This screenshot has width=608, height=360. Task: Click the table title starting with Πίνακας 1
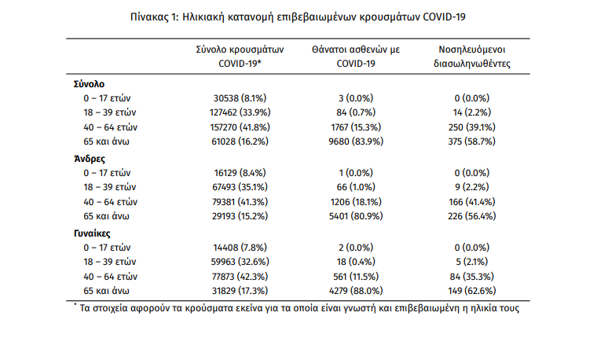coord(298,17)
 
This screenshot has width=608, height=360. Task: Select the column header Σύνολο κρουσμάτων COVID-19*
coord(240,57)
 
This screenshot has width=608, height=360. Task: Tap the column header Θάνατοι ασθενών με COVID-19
coord(356,57)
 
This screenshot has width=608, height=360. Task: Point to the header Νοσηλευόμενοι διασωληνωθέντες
coord(472,57)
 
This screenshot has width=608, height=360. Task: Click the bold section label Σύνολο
coord(90,84)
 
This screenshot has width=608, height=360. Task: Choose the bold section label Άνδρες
coord(90,159)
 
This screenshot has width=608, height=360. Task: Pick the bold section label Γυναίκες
coord(92,233)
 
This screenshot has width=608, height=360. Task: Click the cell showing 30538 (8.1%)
coord(240,98)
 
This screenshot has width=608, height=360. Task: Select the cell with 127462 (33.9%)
coord(240,112)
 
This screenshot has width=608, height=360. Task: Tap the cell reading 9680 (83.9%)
coord(356,141)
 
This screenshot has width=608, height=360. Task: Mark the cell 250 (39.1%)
coord(472,127)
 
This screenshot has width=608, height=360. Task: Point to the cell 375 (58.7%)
coord(472,141)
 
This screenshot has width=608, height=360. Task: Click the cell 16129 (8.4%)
coord(240,173)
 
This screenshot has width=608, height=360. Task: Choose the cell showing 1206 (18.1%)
coord(356,202)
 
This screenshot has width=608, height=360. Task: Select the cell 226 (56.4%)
coord(472,216)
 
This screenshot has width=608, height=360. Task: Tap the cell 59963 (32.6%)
coord(240,262)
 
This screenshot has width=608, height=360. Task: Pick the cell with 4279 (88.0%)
coord(356,291)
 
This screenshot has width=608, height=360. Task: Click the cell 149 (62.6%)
coord(472,291)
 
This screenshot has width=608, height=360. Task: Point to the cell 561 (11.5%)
coord(356,277)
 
